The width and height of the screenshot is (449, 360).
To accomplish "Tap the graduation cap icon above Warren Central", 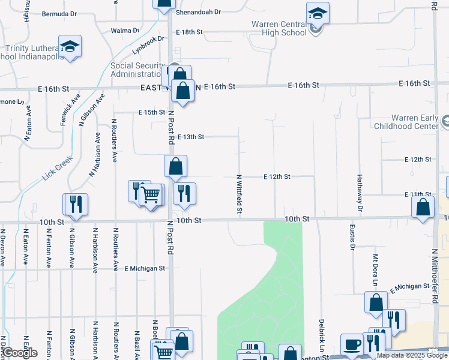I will [x=318, y=13].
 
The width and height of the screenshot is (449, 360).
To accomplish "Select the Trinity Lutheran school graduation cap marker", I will [x=70, y=46].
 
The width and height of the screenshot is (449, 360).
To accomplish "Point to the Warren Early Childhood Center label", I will [x=406, y=122].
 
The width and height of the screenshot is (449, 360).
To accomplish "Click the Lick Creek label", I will [x=58, y=169].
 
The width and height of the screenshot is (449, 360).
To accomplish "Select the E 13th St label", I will [x=190, y=137].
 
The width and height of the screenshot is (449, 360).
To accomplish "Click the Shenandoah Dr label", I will [x=199, y=12].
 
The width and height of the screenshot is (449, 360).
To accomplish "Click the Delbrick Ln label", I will [x=322, y=335].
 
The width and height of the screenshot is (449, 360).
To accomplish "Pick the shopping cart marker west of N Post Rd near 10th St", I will [x=151, y=194].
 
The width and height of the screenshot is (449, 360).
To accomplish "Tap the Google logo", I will [x=20, y=353].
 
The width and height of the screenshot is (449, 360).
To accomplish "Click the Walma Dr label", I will [x=125, y=31].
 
